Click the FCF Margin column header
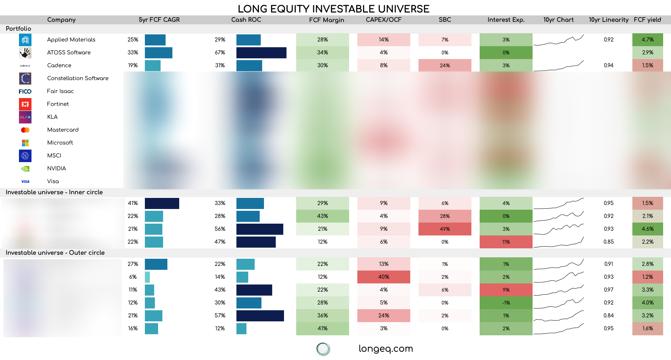tap(326, 20)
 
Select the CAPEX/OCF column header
tap(383, 20)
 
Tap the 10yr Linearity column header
tap(608, 20)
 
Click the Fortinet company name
tap(58, 104)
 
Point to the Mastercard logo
tap(25, 130)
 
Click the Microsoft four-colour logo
tap(25, 143)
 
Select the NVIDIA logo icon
tap(25, 169)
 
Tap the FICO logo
tap(25, 92)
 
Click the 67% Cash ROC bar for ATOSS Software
tap(261, 53)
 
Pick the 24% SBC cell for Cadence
tap(445, 65)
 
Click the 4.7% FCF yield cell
tap(647, 40)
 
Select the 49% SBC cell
tap(445, 229)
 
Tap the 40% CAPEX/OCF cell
tap(383, 277)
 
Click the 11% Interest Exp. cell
tap(506, 242)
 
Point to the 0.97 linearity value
tap(608, 290)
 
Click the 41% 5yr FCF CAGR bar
tap(162, 203)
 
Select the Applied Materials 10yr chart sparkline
tap(558, 40)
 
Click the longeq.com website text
tap(386, 349)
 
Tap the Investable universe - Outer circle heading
tap(55, 253)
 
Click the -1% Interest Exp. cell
tap(506, 303)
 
